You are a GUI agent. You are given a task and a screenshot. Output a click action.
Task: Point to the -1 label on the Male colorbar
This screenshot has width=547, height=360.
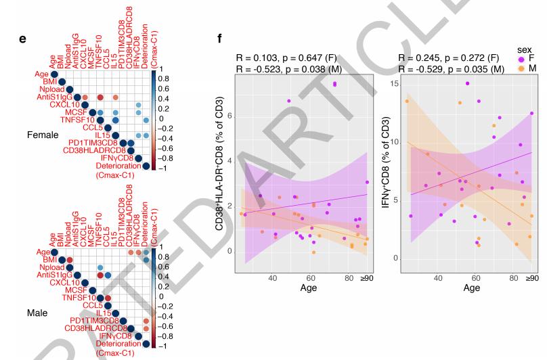(x=160, y=346)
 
